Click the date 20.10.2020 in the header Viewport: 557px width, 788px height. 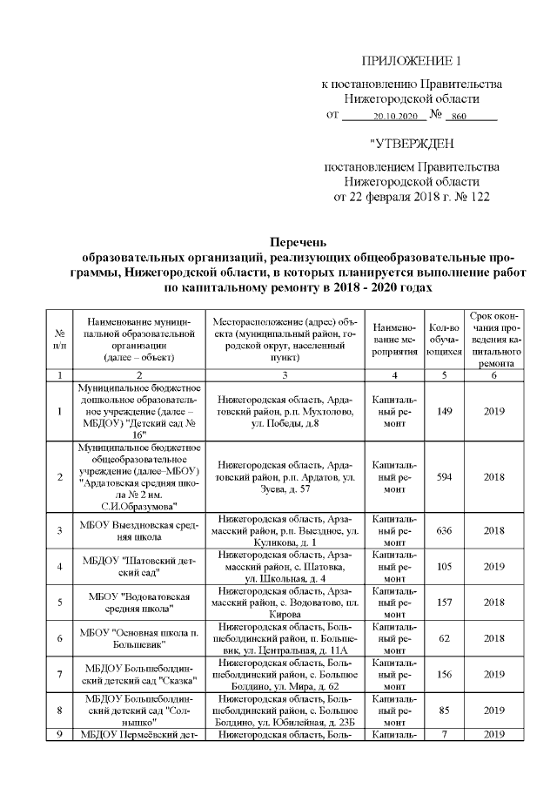point(395,116)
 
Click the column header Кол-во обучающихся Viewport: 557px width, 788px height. point(444,340)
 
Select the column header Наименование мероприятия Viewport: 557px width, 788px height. point(395,340)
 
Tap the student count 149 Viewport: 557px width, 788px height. point(444,411)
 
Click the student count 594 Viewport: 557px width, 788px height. point(444,477)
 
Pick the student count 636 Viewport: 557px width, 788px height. point(444,530)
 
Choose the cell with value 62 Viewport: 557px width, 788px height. point(444,637)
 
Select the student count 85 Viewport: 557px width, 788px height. point(444,709)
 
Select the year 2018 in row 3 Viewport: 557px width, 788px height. point(494,530)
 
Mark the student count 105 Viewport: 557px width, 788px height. point(444,566)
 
